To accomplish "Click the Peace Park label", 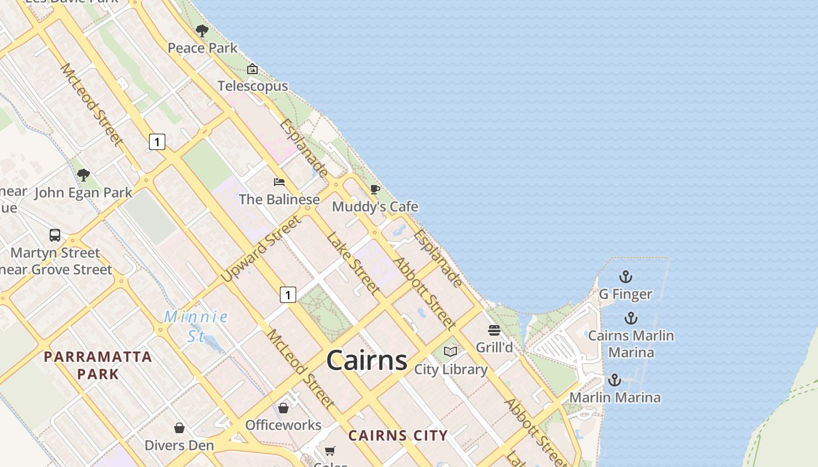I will click(202, 48).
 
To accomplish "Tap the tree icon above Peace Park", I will click(202, 30).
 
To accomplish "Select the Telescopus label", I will click(252, 86).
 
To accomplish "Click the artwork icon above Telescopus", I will click(252, 69).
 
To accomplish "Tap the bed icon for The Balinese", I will click(279, 182).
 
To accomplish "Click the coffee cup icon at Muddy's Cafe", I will click(375, 189).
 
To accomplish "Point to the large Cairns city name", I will click(366, 360).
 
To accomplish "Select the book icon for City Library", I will click(450, 351).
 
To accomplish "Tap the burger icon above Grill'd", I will click(494, 330).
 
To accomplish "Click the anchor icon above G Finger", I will click(626, 276).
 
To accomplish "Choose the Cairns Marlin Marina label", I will click(631, 344).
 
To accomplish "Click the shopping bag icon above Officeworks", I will click(283, 407).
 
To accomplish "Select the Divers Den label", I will click(179, 445).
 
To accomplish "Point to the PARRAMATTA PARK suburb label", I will click(98, 365).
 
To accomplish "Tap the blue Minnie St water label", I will click(196, 326).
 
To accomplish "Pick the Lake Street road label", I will click(353, 263).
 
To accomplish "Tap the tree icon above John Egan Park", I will click(84, 175).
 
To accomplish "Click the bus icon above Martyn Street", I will click(55, 235).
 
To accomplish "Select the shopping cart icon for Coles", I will click(330, 451).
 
